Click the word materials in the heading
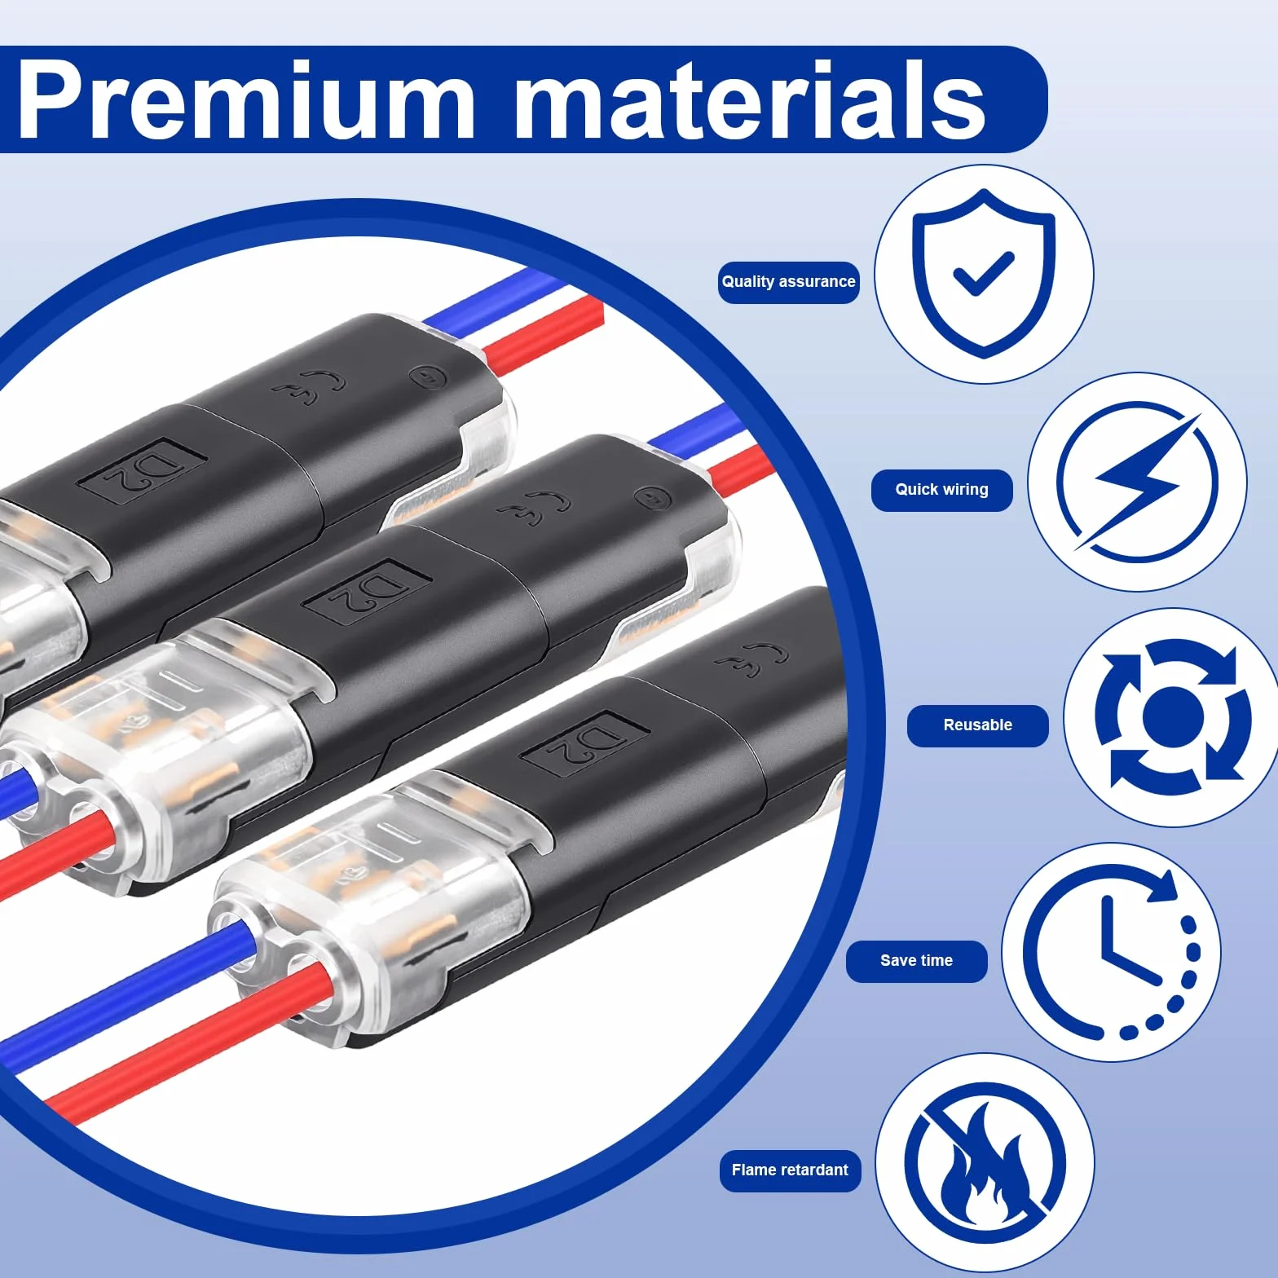pyautogui.click(x=751, y=101)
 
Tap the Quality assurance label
pyautogui.click(x=788, y=282)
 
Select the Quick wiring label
pyautogui.click(x=941, y=490)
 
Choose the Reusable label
pyautogui.click(x=977, y=725)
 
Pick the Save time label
pyautogui.click(x=916, y=961)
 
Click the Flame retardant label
pyautogui.click(x=790, y=1170)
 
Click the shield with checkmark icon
pyautogui.click(x=984, y=274)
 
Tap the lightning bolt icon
pyautogui.click(x=1137, y=482)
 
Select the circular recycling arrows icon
pyautogui.click(x=1172, y=717)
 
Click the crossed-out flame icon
pyautogui.click(x=985, y=1163)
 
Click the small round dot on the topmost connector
pyautogui.click(x=427, y=377)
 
